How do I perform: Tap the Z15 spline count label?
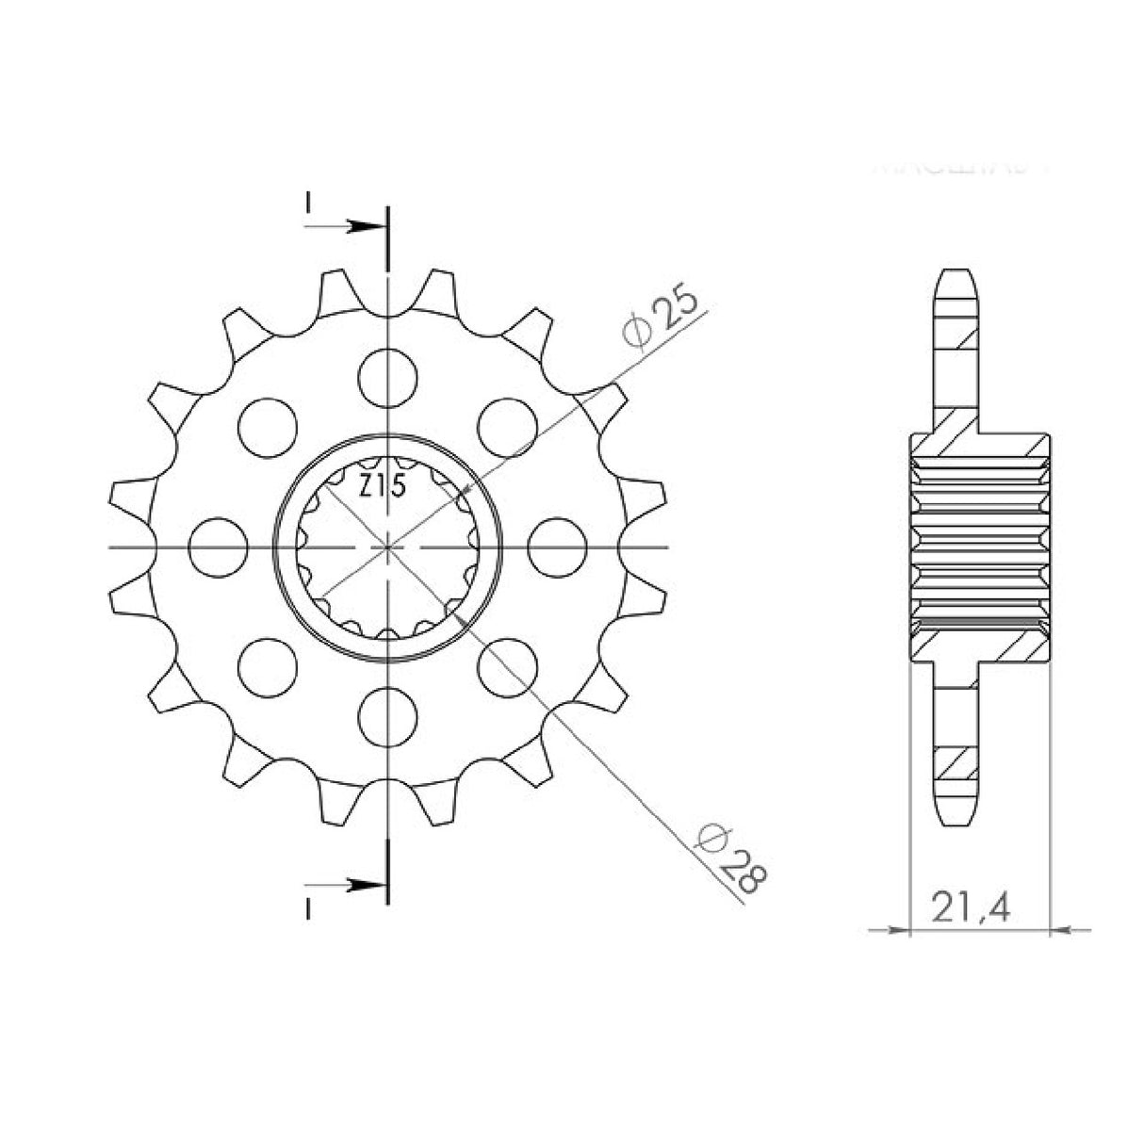click(381, 487)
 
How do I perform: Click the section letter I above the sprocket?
click(307, 203)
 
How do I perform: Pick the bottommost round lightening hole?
click(387, 716)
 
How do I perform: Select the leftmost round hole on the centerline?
click(218, 547)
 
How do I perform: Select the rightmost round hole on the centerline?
click(558, 547)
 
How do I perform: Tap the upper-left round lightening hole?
click(268, 425)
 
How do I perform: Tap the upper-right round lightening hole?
click(507, 425)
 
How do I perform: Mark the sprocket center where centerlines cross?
click(387, 547)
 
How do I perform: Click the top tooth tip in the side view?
click(956, 274)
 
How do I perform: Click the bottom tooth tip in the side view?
click(956, 821)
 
